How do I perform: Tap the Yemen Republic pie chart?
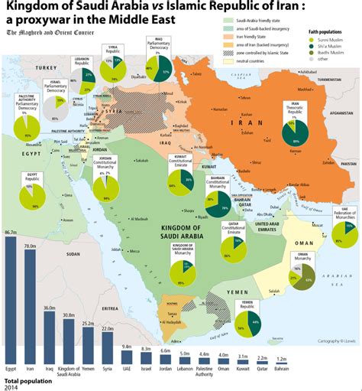(x=249, y=324)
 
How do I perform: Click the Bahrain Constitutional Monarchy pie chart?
(x=218, y=205)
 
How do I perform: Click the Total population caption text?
(x=27, y=380)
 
